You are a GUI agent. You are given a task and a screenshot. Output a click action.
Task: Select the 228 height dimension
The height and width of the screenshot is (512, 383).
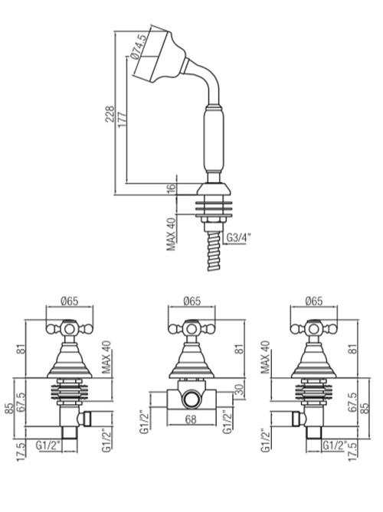[110, 113]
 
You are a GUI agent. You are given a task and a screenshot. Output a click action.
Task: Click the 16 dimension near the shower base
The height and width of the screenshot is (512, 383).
[172, 188]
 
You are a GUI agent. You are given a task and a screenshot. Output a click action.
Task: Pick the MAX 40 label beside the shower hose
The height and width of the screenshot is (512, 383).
[172, 234]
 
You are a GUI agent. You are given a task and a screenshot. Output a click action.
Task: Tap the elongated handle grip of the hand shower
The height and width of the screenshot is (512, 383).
[214, 139]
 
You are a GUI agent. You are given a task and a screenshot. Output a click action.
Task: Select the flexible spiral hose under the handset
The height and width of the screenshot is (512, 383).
[214, 251]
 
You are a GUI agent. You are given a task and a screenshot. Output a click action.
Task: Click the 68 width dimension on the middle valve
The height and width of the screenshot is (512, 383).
[191, 419]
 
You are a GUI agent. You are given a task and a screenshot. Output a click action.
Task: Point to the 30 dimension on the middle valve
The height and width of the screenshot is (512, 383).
[240, 390]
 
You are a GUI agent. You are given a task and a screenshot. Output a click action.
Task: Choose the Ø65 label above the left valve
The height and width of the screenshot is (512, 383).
[70, 301]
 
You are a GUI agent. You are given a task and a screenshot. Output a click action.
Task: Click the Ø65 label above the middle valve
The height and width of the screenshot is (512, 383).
[191, 301]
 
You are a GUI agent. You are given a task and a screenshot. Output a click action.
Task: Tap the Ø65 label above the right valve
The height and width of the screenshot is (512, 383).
[314, 301]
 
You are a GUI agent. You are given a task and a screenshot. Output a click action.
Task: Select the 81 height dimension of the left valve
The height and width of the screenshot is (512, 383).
[20, 349]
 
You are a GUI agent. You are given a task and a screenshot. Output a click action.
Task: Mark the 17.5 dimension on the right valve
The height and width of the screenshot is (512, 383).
[353, 450]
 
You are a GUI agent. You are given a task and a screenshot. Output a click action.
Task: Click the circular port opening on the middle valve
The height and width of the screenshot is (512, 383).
[191, 399]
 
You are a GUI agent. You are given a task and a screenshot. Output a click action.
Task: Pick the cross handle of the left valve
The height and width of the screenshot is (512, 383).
[70, 328]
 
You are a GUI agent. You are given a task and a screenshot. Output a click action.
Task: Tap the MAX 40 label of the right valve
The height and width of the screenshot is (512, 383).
[266, 357]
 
